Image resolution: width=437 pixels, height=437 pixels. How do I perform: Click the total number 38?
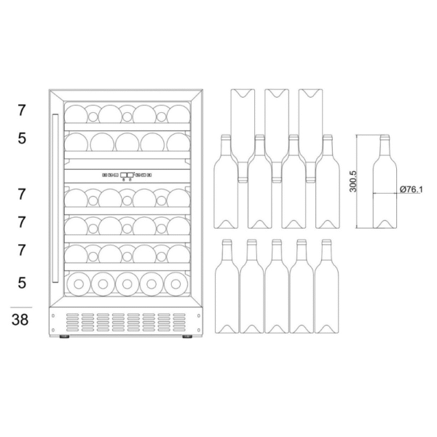click(20, 320)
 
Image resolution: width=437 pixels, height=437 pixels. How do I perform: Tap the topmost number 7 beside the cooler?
click(22, 111)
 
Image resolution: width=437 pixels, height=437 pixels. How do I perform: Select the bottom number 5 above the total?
click(22, 283)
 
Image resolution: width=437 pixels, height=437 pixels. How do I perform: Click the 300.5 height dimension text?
click(353, 181)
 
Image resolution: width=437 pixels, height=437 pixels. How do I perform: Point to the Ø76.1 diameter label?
click(411, 189)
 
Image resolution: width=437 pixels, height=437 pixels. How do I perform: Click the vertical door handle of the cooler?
click(55, 198)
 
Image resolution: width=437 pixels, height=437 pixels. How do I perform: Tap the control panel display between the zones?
click(127, 175)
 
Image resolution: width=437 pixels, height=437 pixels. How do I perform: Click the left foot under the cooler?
click(64, 336)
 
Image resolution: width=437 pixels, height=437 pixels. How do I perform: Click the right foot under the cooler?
click(187, 336)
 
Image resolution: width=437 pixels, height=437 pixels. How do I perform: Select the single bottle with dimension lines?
click(385, 181)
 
